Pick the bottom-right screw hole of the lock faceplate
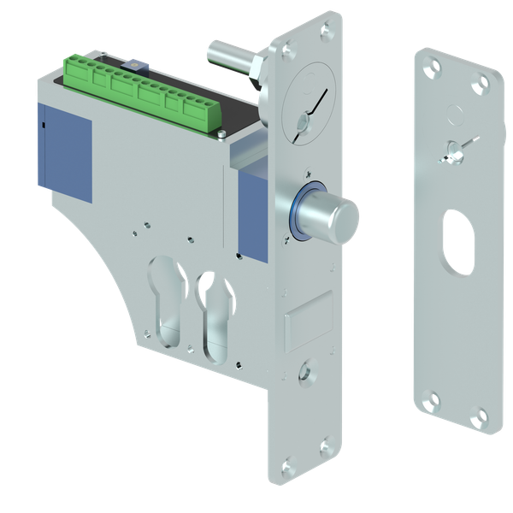tap(323, 444)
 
